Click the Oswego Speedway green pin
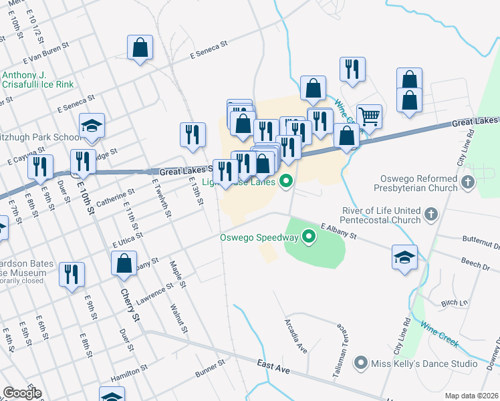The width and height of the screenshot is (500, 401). click(309, 236)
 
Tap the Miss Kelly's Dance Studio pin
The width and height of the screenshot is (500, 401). click(361, 363)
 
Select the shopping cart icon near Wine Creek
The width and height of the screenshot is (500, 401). click(369, 116)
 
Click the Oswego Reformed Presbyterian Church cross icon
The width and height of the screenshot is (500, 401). click(468, 181)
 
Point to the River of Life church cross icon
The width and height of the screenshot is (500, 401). click(431, 215)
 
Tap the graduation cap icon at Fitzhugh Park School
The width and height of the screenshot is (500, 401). click(92, 126)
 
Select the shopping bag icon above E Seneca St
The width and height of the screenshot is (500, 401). click(140, 47)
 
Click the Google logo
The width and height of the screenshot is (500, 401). click(21, 393)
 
